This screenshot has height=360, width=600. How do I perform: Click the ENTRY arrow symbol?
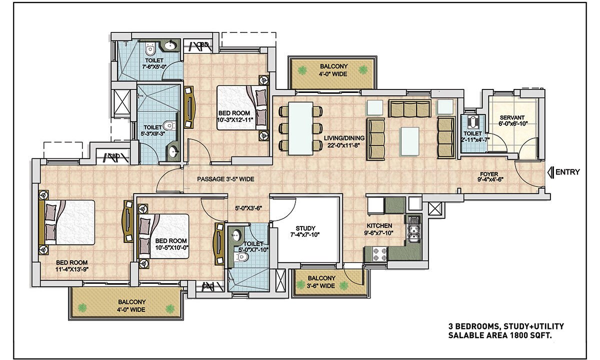tap(550, 172)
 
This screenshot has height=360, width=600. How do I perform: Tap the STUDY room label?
tap(305, 228)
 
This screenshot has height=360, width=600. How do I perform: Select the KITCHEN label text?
tap(379, 225)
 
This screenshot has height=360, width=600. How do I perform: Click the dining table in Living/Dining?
tap(300, 128)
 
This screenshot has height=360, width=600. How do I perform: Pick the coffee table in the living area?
tap(410, 141)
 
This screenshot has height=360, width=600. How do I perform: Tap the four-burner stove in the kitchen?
tap(379, 254)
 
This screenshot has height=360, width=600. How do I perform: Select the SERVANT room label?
tap(512, 117)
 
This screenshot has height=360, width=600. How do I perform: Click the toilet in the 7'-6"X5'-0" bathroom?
tap(150, 49)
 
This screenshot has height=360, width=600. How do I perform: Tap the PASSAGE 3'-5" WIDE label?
tap(225, 179)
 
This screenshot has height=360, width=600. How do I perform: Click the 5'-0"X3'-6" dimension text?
tap(248, 208)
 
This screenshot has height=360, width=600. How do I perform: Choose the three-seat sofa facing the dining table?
tap(376, 139)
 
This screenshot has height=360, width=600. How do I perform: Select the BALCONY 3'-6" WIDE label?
tap(321, 282)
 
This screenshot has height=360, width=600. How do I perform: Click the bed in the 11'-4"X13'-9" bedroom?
tap(67, 222)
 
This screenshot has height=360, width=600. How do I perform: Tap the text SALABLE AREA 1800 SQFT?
tap(500, 335)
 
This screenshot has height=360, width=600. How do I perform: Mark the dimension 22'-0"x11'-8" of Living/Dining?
tap(343, 145)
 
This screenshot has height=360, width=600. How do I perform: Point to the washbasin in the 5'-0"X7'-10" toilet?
tap(236, 235)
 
